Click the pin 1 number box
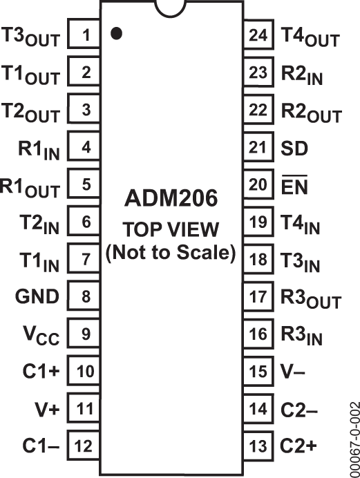[x=85, y=34]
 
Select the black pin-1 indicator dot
[x=117, y=32]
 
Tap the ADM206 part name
[x=171, y=199]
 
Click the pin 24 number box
[x=258, y=34]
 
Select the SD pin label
[x=295, y=147]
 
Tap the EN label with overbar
[x=296, y=184]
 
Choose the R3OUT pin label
[x=311, y=299]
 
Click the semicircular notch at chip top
[x=171, y=6]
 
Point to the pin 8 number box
[x=85, y=297]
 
